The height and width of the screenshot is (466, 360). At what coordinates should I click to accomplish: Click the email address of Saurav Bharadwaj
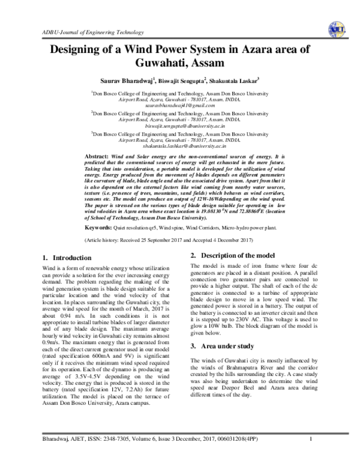tap(180, 105)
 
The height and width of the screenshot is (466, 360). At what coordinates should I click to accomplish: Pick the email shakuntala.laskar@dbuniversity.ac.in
tap(180, 146)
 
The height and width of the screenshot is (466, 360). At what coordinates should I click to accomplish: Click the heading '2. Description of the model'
tap(232, 256)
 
